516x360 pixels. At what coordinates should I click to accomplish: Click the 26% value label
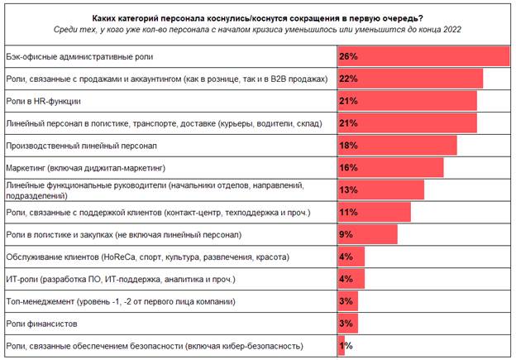point(347,56)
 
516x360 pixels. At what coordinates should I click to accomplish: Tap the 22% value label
point(347,79)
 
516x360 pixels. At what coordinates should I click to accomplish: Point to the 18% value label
point(347,146)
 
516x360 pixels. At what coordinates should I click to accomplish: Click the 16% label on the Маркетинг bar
point(347,168)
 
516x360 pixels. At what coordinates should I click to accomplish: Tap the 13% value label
point(347,190)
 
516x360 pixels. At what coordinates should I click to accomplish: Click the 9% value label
point(346,235)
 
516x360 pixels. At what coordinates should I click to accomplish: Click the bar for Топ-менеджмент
point(346,301)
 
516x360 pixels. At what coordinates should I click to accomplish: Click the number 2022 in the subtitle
point(449,29)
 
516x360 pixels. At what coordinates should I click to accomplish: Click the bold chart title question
point(258,16)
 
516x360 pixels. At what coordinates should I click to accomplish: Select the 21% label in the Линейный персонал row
point(347,123)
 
